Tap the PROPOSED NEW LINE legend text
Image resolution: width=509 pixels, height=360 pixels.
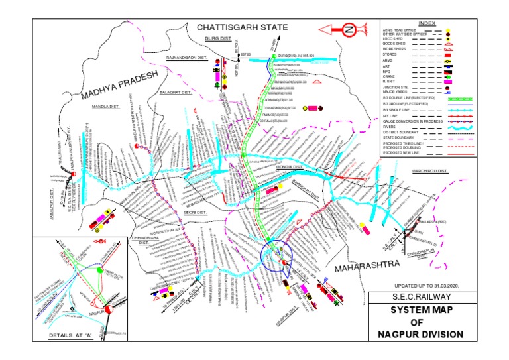pos(404,152)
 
